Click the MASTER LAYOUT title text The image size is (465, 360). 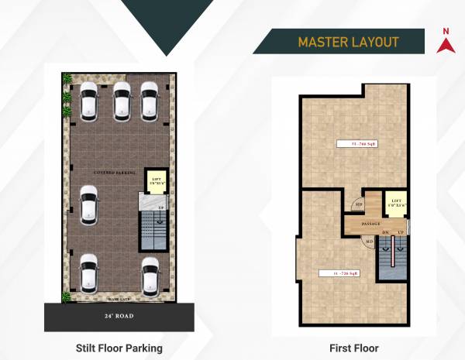tap(348, 41)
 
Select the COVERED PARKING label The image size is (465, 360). tap(115, 172)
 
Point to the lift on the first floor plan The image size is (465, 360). tap(396, 203)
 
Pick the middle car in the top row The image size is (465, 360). tap(121, 101)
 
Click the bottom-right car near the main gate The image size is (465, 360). tap(150, 274)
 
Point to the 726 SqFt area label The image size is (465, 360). tap(343, 273)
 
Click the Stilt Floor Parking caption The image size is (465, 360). tap(119, 348)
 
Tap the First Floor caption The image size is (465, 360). tap(353, 348)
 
